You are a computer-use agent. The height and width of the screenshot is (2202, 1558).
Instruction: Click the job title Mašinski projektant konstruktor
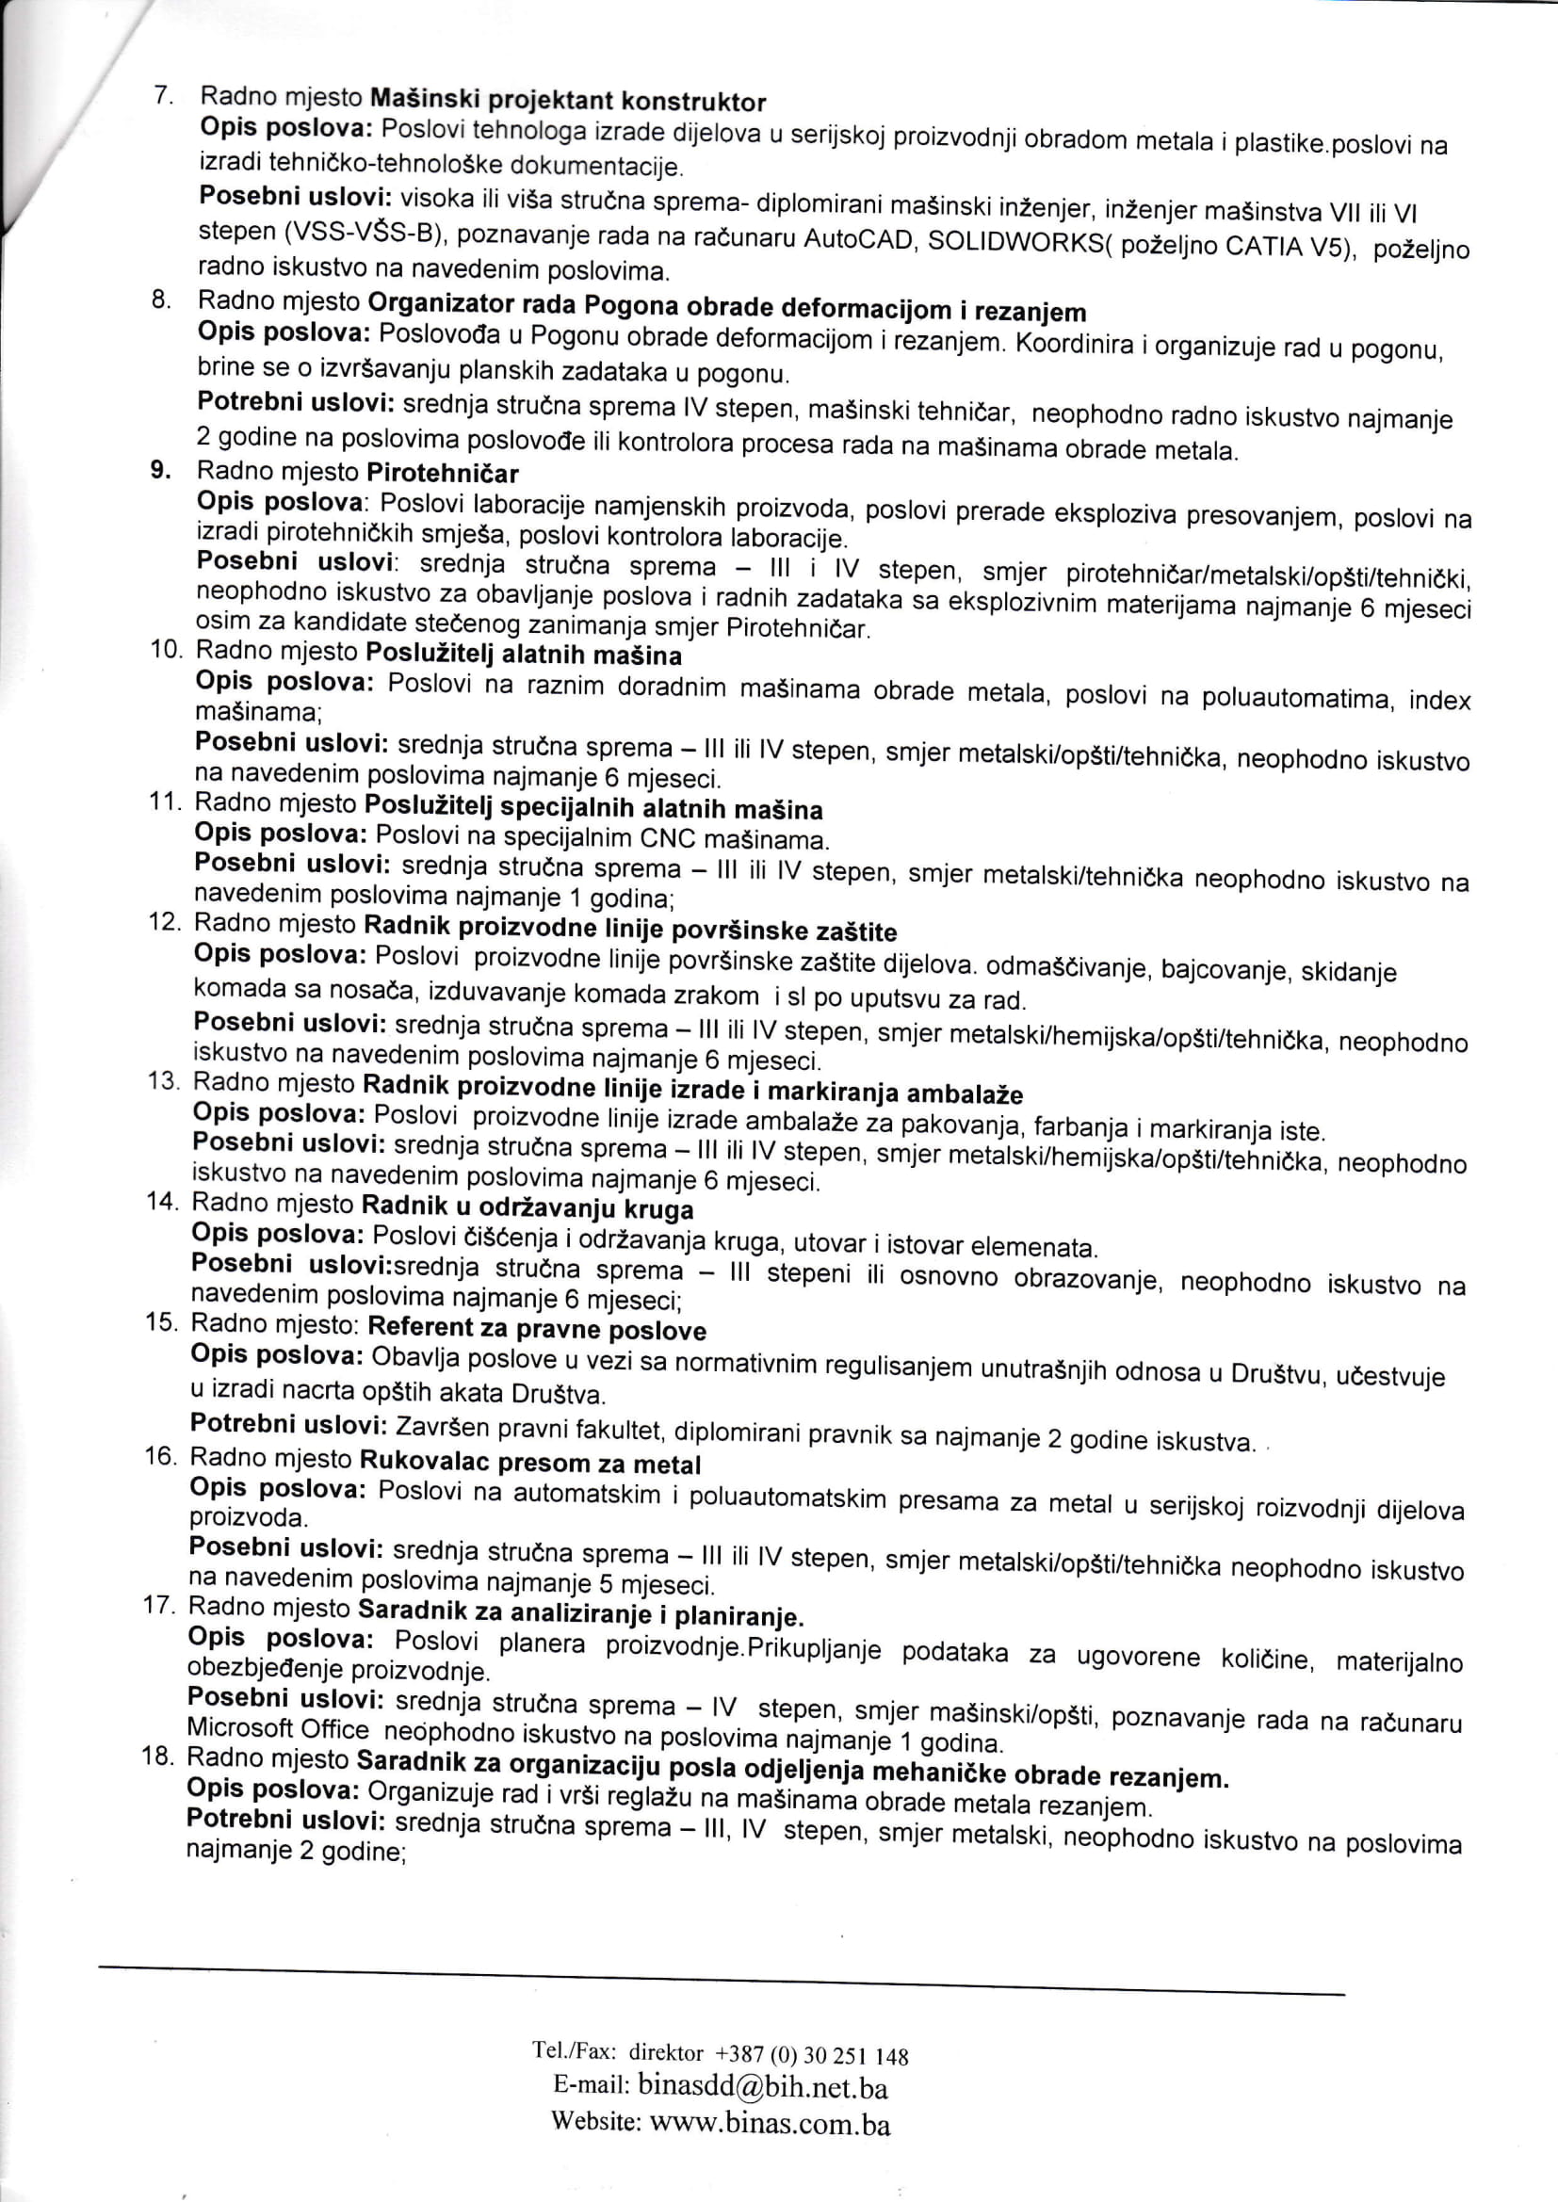pos(568,100)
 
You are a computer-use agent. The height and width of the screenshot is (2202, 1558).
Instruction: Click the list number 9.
pos(161,470)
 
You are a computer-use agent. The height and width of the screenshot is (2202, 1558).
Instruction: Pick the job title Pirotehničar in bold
pos(443,473)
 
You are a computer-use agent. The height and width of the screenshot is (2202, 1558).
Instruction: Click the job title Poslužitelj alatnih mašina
pos(524,654)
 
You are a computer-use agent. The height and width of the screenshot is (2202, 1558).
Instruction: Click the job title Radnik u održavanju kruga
pos(527,1206)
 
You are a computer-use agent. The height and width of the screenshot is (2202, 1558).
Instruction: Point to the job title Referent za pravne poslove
pos(537,1329)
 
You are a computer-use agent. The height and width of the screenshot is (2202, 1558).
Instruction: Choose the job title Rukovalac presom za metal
pos(529,1463)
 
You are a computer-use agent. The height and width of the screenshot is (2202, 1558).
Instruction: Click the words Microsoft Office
pos(278,1728)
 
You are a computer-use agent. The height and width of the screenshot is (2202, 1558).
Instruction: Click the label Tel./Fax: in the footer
pos(573,2051)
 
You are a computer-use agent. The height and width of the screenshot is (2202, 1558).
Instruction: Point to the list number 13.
pos(164,1081)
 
